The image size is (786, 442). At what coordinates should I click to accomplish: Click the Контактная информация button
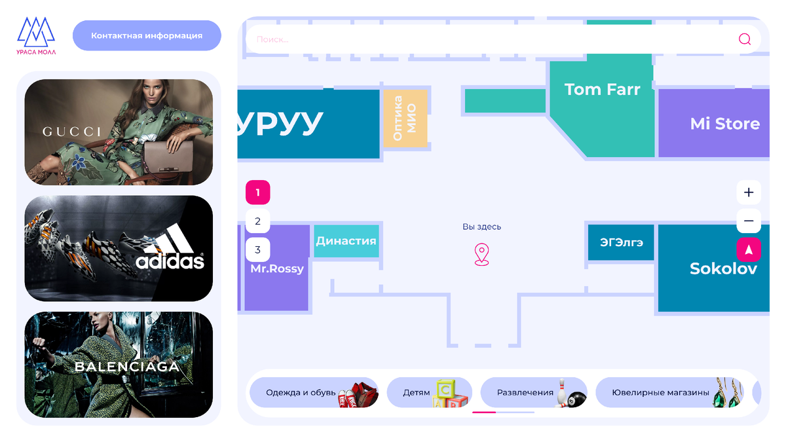click(x=147, y=35)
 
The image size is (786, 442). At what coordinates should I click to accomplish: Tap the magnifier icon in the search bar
click(x=745, y=39)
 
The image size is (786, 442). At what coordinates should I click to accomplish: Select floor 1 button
click(x=257, y=193)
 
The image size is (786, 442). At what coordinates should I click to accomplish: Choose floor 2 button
click(x=257, y=221)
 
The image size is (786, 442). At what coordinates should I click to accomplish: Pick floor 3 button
click(x=257, y=249)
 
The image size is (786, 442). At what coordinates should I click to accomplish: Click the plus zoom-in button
click(x=749, y=193)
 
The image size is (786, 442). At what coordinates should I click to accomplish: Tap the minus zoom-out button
click(x=749, y=221)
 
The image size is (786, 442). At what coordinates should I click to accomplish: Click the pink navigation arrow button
click(x=749, y=249)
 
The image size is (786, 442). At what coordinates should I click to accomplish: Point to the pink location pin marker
click(x=482, y=254)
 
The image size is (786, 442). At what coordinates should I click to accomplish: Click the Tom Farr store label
click(x=602, y=89)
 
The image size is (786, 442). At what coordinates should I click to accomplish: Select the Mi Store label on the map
click(x=724, y=124)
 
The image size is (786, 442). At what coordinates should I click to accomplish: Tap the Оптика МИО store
click(x=405, y=119)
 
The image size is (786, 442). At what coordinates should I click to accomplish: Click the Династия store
click(x=346, y=241)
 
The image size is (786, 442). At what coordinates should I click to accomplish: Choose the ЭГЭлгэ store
click(x=622, y=242)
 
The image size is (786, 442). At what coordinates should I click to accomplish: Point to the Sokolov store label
click(x=723, y=268)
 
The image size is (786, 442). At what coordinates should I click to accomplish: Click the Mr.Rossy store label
click(x=277, y=268)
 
